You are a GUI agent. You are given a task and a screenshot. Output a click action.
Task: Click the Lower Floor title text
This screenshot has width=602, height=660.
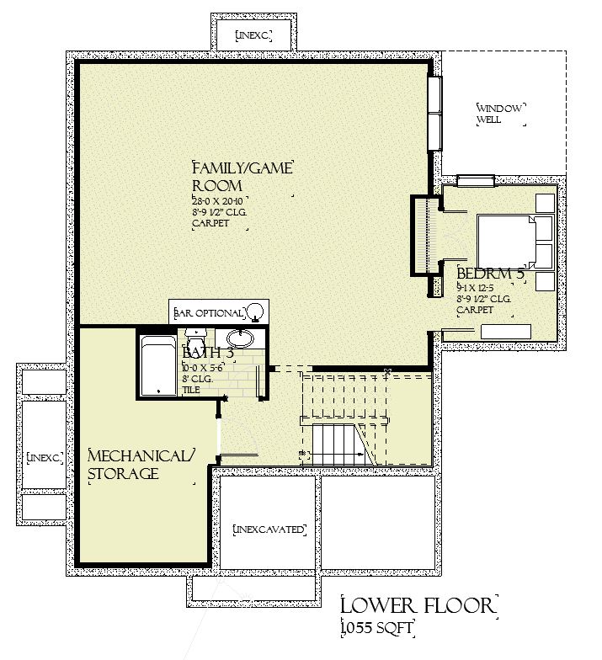tap(418, 606)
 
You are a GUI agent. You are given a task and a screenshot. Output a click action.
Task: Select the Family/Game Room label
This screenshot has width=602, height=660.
tap(242, 176)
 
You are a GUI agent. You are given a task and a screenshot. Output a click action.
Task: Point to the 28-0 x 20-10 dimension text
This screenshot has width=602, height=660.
tap(217, 202)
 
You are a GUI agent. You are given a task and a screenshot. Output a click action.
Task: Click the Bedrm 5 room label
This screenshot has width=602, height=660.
tap(490, 274)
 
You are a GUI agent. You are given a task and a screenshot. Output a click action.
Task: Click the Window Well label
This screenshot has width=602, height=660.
tap(500, 114)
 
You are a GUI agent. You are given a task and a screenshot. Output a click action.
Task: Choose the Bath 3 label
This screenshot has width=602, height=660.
tap(206, 354)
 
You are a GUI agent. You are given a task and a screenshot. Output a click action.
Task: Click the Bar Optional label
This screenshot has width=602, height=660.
tap(209, 313)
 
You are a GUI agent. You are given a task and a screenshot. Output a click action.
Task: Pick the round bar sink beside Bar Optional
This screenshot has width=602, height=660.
tap(257, 312)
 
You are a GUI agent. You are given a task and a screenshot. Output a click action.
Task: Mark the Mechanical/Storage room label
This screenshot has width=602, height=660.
tap(141, 465)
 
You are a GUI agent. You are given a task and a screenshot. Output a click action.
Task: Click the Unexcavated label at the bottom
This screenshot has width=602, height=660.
tap(268, 530)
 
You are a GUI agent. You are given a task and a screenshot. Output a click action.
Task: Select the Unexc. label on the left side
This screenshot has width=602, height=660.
tap(44, 457)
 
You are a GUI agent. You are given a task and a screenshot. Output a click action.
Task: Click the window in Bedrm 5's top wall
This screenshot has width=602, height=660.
tap(476, 179)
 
